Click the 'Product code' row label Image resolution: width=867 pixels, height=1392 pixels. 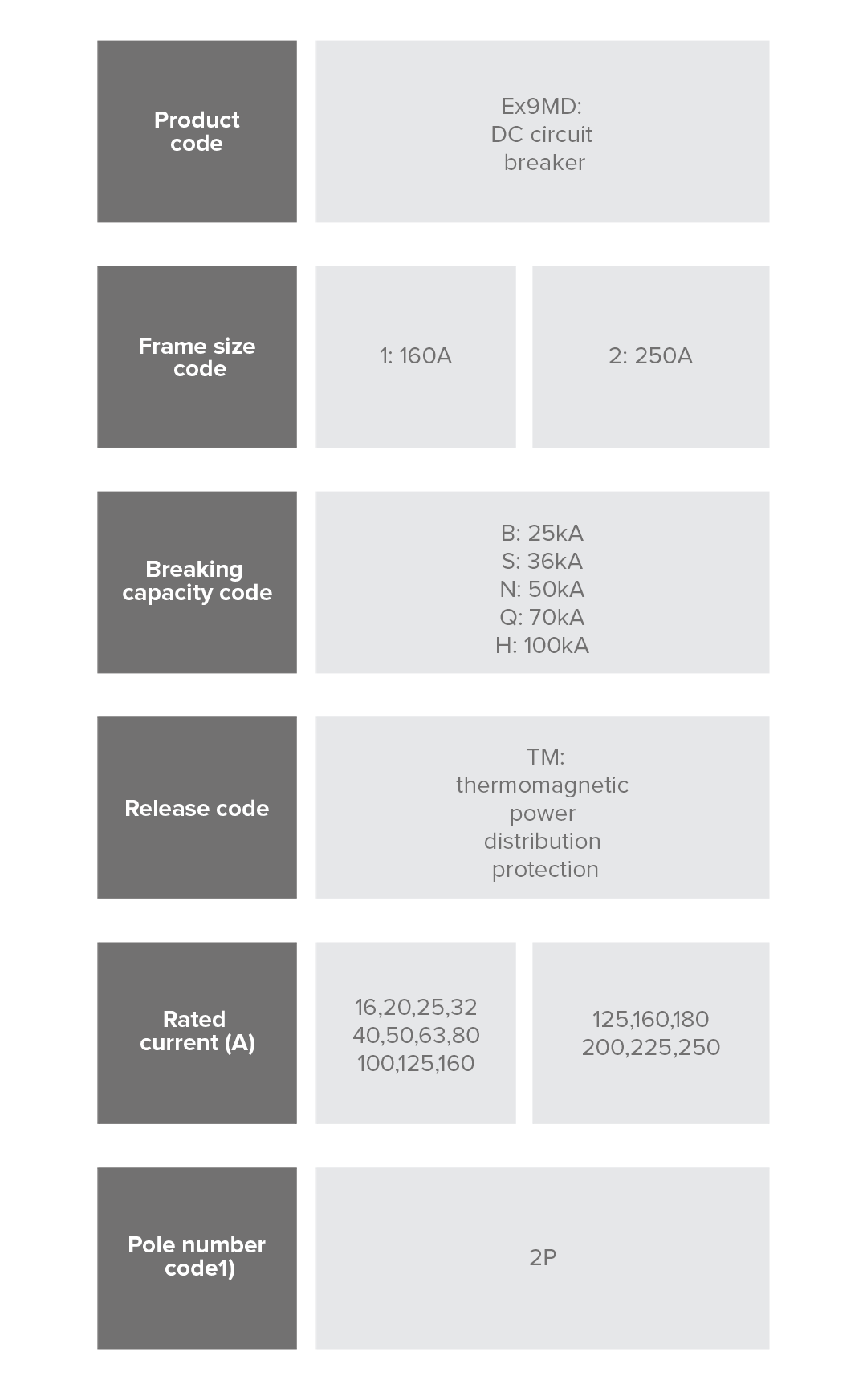coord(197,132)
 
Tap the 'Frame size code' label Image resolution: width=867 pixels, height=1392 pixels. coord(197,357)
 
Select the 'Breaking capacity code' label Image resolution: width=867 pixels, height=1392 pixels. coord(197,581)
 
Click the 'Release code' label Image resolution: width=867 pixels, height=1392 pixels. coord(197,808)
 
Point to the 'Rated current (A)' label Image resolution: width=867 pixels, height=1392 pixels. coord(197,1031)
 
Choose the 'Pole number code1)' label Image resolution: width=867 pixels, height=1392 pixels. coord(197,1256)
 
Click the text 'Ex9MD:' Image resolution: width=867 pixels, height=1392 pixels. coord(542,106)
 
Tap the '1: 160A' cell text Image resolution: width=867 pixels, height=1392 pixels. coord(416,356)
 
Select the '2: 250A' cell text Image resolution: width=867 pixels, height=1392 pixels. coord(650,356)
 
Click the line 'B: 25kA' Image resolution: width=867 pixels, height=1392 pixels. coord(542,534)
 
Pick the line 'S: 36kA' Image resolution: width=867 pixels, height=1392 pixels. coord(542,562)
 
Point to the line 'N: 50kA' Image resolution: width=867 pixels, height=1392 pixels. coord(542,590)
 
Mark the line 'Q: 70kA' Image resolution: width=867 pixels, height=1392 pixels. coord(542,618)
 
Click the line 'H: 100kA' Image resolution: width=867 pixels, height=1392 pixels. coord(542,646)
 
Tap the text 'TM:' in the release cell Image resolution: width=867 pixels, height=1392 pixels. coord(546,757)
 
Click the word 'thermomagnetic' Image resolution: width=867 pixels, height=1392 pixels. coord(542,785)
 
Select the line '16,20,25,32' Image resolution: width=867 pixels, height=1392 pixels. coord(416,1007)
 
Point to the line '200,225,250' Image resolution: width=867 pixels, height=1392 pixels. coord(651,1047)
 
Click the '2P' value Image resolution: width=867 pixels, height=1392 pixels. coord(543,1257)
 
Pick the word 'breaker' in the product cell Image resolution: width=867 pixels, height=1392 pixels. coord(544,162)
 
